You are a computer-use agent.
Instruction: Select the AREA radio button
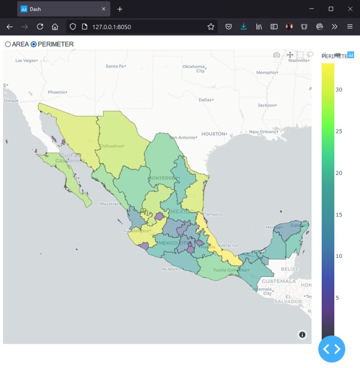pyautogui.click(x=8, y=44)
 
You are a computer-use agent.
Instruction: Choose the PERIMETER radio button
pyautogui.click(x=34, y=44)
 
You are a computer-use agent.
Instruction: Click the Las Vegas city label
pyautogui.click(x=26, y=60)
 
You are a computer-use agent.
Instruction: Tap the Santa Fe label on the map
pyautogui.click(x=115, y=66)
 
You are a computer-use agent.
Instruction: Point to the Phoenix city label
pyautogui.click(x=57, y=92)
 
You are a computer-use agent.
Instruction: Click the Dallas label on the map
pyautogui.click(x=205, y=100)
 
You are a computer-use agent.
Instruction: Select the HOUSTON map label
pyautogui.click(x=213, y=134)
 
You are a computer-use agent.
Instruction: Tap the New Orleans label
pyautogui.click(x=263, y=132)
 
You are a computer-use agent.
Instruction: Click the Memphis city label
pyautogui.click(x=266, y=73)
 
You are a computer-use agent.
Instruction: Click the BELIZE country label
pyautogui.click(x=289, y=269)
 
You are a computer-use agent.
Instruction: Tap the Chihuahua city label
pyautogui.click(x=110, y=146)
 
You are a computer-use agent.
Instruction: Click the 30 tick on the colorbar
pyautogui.click(x=339, y=89)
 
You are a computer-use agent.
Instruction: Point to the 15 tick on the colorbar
pyautogui.click(x=339, y=214)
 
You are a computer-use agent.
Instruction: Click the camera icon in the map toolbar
pyautogui.click(x=277, y=55)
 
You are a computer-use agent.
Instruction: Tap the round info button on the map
pyautogui.click(x=302, y=334)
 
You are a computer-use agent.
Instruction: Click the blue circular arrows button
pyautogui.click(x=332, y=349)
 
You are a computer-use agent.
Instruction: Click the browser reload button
pyautogui.click(x=40, y=27)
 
